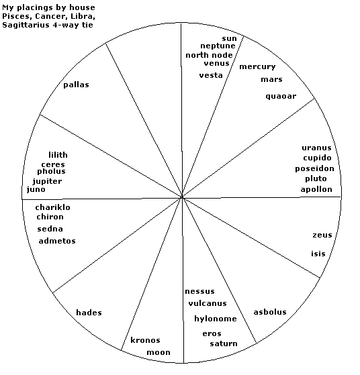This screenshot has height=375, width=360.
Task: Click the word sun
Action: click(229, 38)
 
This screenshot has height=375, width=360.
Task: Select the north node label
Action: click(209, 55)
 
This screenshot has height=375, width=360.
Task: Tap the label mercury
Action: click(257, 66)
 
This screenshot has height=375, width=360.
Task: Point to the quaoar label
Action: click(281, 97)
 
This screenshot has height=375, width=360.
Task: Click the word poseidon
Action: click(314, 168)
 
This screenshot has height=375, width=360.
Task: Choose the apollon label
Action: click(316, 189)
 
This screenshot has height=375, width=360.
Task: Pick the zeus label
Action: click(322, 235)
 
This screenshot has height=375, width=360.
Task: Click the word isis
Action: click(318, 254)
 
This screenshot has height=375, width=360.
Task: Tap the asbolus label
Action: click(270, 312)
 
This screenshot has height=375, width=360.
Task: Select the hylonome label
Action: click(216, 319)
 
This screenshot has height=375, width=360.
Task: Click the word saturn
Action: click(224, 343)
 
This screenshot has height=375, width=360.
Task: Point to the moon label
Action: click(159, 352)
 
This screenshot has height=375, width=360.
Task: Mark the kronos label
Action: click(145, 340)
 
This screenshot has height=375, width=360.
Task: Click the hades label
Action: click(89, 313)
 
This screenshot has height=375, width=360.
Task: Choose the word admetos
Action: click(57, 241)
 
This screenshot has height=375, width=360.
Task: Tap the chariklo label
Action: click(52, 207)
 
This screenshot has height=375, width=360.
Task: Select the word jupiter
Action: click(47, 182)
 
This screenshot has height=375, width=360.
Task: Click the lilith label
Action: click(58, 155)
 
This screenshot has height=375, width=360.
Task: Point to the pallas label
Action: click(76, 85)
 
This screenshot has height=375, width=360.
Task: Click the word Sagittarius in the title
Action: click(26, 25)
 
